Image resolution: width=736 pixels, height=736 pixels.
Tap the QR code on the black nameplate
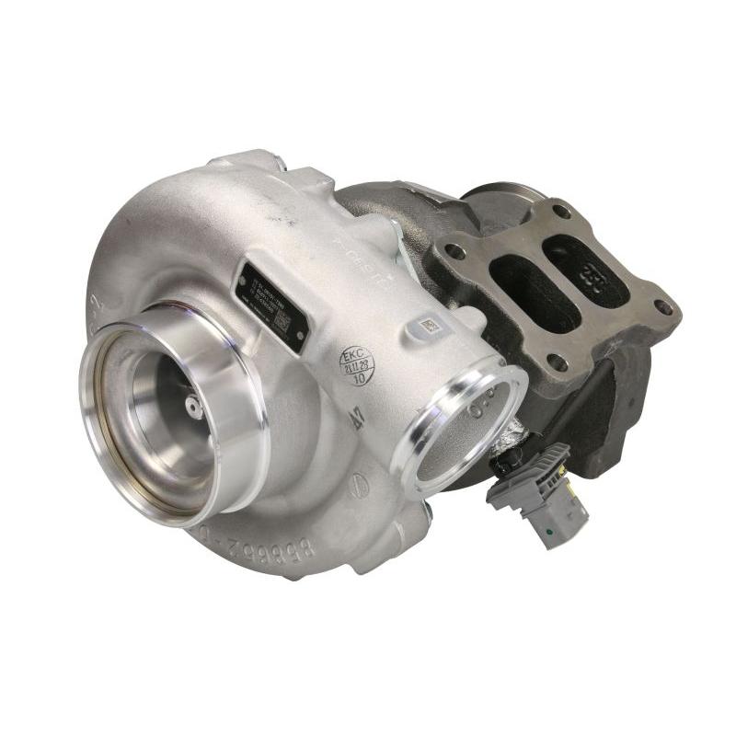click(x=284, y=324)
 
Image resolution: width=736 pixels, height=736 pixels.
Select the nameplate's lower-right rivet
click(x=295, y=342)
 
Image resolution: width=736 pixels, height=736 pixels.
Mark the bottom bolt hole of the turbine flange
click(x=556, y=362)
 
